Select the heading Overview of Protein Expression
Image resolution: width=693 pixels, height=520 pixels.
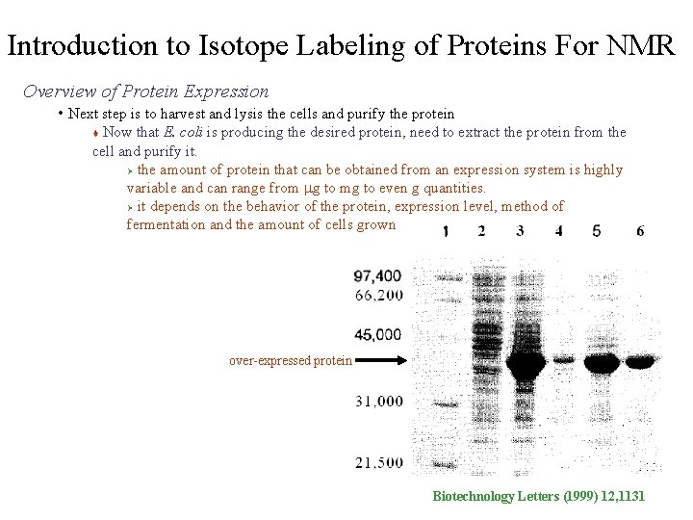(x=145, y=92)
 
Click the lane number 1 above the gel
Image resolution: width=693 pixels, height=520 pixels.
(x=444, y=231)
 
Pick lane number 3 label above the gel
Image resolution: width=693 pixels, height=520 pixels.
(x=520, y=231)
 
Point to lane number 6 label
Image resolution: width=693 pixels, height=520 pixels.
(x=641, y=231)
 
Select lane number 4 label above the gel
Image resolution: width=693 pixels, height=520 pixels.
(x=559, y=231)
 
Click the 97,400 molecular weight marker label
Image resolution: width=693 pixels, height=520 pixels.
(x=378, y=276)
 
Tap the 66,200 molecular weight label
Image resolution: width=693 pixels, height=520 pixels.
(x=378, y=295)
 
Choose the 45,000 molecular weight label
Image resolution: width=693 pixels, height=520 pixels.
(x=378, y=334)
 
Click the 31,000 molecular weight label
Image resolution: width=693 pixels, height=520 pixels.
(x=378, y=401)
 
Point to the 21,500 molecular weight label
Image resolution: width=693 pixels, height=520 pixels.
(x=378, y=462)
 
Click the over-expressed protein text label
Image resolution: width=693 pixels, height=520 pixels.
(x=291, y=361)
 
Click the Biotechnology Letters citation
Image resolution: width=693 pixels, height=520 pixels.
(x=539, y=496)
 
